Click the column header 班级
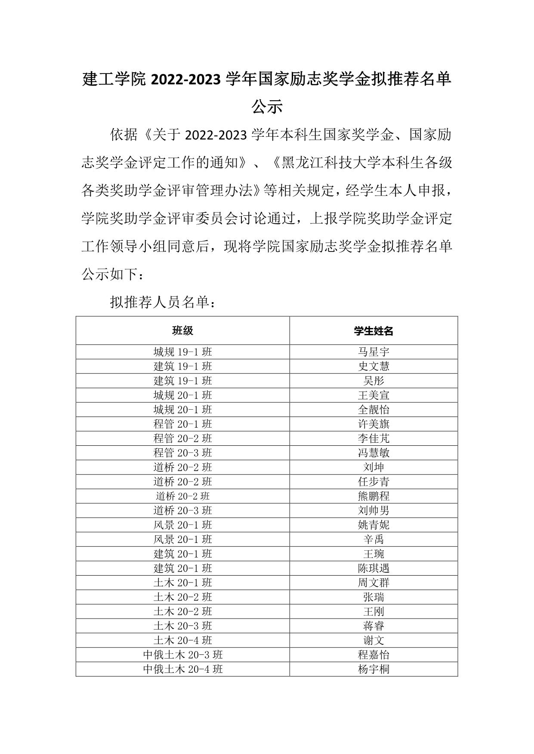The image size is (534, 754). (x=182, y=331)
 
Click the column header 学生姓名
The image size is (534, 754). (x=373, y=331)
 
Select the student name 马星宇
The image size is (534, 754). (x=373, y=352)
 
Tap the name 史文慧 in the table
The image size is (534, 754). (x=373, y=366)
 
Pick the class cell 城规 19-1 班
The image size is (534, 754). (x=182, y=352)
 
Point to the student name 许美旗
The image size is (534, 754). (x=373, y=424)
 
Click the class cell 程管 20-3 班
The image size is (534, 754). (x=182, y=453)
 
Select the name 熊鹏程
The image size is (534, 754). (x=373, y=496)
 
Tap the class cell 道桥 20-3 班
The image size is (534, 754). (x=182, y=510)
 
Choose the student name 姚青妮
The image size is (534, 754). (x=373, y=525)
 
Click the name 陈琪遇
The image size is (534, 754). (x=373, y=568)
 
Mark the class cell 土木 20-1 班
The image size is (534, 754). (x=182, y=582)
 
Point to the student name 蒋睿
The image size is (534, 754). (x=373, y=626)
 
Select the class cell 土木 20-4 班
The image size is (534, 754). (x=182, y=640)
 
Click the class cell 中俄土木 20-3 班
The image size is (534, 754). (x=182, y=655)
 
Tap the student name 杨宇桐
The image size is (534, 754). (x=373, y=669)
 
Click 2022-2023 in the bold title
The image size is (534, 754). (x=186, y=80)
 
